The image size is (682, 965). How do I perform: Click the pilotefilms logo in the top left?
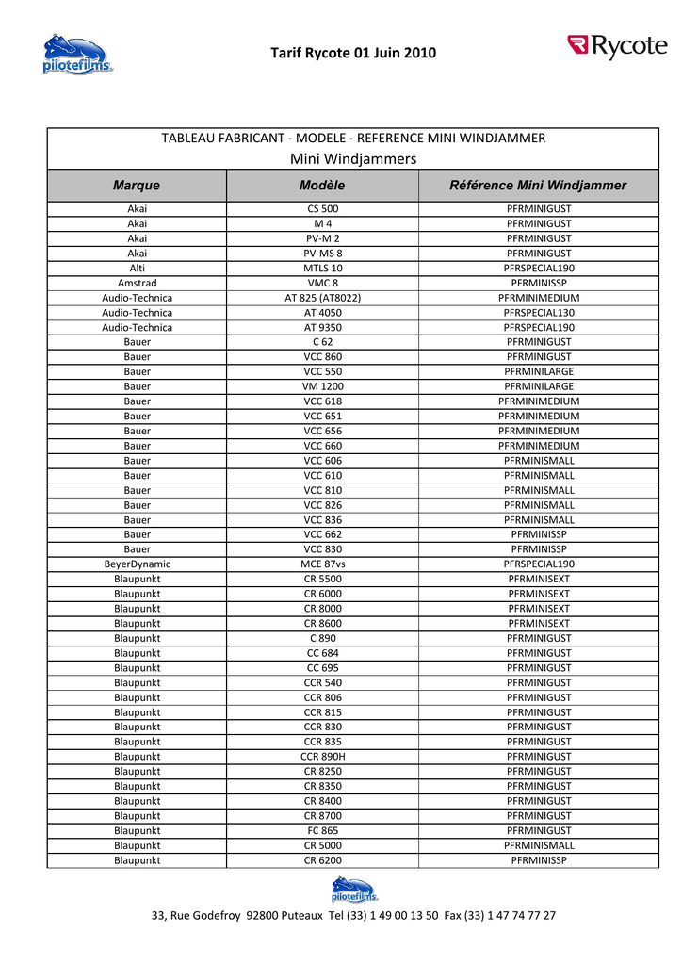[x=76, y=55]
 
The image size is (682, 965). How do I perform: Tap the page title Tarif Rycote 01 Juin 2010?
[x=353, y=53]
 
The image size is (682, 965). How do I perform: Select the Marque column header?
[x=137, y=186]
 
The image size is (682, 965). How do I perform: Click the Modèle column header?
[x=322, y=186]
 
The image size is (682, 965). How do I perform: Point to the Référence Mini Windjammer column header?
[x=538, y=186]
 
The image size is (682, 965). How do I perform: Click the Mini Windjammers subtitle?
[x=353, y=159]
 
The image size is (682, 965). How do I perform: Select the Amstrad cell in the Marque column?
[x=137, y=283]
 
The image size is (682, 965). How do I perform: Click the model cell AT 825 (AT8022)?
[x=322, y=298]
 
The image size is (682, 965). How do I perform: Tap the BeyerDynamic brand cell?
[x=137, y=564]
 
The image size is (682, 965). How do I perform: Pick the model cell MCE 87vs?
[x=322, y=564]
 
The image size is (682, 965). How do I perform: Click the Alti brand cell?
[x=137, y=268]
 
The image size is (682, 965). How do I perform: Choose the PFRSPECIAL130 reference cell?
[x=538, y=312]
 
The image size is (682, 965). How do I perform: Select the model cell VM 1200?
[x=322, y=386]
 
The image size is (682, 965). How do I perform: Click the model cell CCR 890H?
[x=322, y=757]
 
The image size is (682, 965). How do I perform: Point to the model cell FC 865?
[x=322, y=831]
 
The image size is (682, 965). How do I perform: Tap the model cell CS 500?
[x=322, y=208]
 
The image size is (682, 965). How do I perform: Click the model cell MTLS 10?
[x=322, y=268]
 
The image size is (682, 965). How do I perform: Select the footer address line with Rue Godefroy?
[x=353, y=916]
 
